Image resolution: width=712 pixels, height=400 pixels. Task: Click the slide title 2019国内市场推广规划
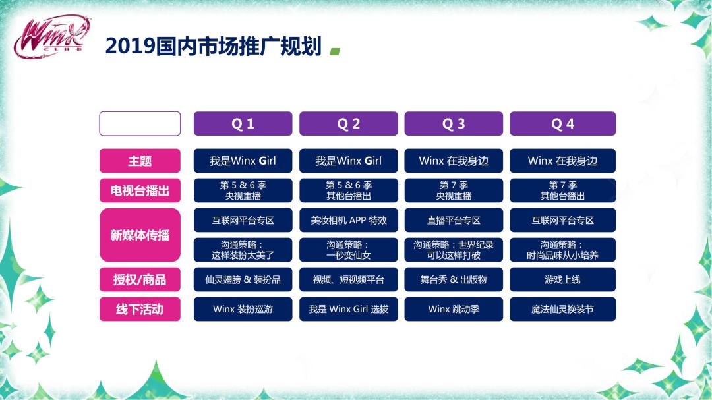214,46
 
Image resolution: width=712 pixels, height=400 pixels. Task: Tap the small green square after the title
335,52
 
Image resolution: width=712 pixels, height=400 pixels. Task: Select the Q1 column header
243,123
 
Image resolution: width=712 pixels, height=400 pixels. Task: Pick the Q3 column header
454,123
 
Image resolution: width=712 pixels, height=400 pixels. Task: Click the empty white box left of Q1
140,123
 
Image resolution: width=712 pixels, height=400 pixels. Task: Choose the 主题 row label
140,161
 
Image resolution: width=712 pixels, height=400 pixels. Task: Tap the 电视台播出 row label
140,190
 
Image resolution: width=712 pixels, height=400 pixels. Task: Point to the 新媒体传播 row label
140,235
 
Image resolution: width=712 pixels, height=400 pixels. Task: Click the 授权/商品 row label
140,279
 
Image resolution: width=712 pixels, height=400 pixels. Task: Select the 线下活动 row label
140,309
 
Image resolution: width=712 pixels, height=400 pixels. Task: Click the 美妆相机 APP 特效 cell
348,220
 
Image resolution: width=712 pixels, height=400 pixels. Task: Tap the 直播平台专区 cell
454,220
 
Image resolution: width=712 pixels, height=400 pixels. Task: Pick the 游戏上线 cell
562,279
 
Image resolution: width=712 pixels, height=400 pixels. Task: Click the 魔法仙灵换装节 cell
562,309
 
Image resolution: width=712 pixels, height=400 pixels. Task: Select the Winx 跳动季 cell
454,309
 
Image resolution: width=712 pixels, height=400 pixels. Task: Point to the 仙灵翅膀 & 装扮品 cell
243,279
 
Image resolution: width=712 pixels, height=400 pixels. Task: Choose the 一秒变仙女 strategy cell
348,250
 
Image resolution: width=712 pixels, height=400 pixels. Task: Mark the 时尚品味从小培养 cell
562,250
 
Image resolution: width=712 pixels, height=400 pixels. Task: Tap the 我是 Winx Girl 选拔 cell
348,309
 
